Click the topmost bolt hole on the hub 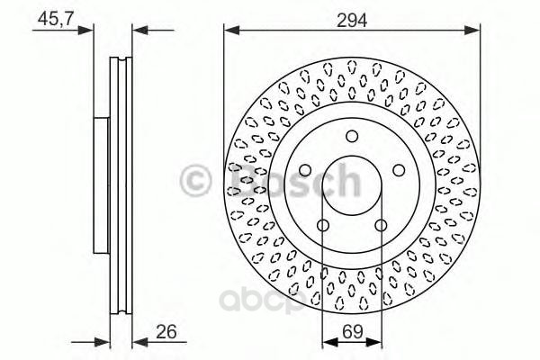(x=352, y=137)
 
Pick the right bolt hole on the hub (x=400, y=171)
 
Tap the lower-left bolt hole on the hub (x=321, y=226)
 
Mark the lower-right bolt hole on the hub (x=382, y=226)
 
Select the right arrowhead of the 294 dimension (x=474, y=31)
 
